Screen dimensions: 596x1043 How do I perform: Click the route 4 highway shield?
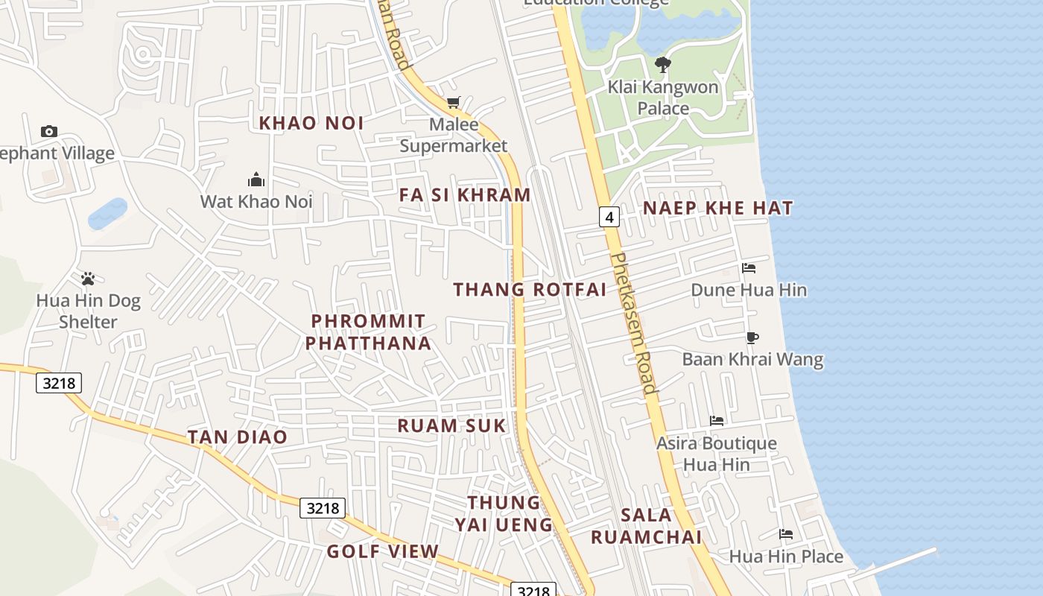point(609,217)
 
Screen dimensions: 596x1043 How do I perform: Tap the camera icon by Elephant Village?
point(49,131)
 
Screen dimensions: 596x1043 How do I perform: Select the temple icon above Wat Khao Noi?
point(256,180)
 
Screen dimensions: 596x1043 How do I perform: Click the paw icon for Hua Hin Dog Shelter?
point(88,279)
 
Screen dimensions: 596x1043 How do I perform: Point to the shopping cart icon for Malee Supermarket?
point(453,102)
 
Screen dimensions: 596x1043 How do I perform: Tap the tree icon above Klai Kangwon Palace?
point(662,65)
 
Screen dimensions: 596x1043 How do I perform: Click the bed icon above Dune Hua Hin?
point(749,268)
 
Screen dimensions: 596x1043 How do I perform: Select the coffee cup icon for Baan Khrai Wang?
point(752,337)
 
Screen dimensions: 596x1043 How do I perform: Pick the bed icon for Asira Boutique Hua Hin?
point(717,421)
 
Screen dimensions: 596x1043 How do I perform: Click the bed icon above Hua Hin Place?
point(786,533)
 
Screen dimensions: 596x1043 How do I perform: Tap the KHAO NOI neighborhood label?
point(311,123)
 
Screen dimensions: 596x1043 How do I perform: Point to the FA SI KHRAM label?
point(465,195)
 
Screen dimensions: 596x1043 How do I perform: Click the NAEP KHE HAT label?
point(718,208)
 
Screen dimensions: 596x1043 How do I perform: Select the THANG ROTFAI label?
point(530,289)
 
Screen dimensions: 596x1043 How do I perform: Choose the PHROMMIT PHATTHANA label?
point(369,332)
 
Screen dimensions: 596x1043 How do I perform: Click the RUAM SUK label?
point(451,425)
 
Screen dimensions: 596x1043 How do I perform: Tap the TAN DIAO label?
point(237,437)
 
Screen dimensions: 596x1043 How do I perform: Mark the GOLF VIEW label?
point(383,551)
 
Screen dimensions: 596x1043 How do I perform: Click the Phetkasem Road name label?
point(633,323)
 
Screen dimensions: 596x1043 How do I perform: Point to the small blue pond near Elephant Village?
point(107,214)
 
